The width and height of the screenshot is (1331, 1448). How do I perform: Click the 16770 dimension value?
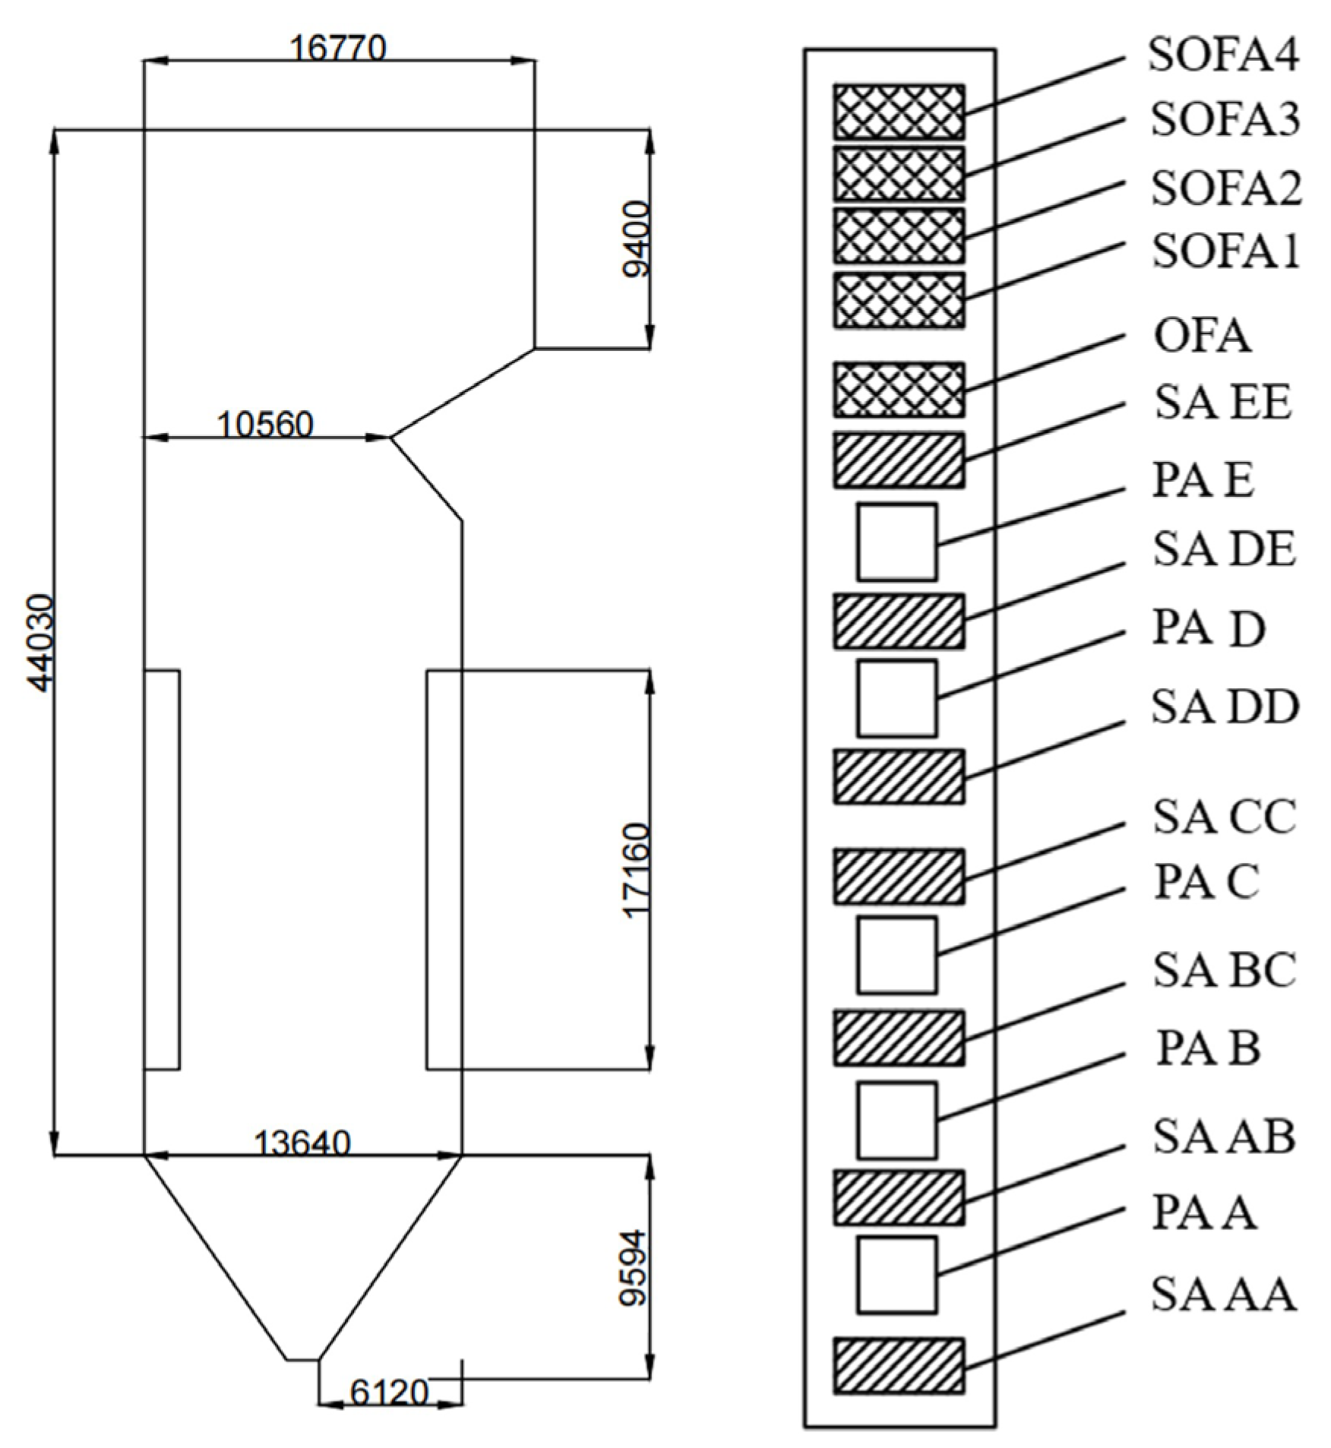click(x=338, y=49)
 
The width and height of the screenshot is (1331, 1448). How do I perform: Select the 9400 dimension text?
click(x=635, y=239)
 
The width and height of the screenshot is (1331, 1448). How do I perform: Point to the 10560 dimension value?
click(x=265, y=425)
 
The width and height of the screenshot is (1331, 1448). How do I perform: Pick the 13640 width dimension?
click(x=302, y=1143)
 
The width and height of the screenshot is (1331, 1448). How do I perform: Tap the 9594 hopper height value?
click(x=632, y=1267)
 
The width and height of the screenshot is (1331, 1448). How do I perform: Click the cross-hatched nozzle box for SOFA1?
click(x=899, y=300)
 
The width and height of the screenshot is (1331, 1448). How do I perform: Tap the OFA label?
click(x=1202, y=336)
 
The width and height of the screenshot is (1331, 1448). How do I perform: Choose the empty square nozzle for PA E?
click(x=896, y=542)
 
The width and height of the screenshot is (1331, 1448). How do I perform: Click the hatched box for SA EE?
click(x=899, y=460)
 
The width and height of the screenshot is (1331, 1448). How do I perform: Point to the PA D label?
click(x=1209, y=628)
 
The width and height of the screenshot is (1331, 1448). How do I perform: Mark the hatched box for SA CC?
click(x=899, y=877)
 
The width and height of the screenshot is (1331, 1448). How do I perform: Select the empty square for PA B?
click(x=896, y=1120)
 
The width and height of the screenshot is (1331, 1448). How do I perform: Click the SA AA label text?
click(x=1222, y=1294)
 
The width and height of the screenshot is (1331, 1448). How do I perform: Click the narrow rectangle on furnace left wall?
click(x=162, y=869)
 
